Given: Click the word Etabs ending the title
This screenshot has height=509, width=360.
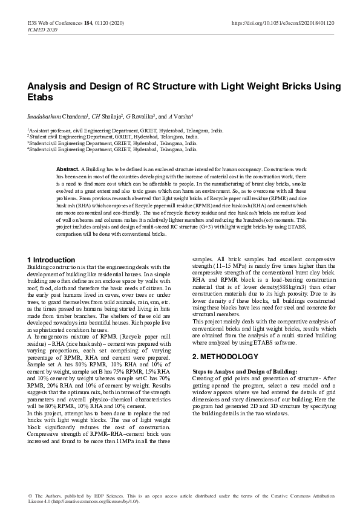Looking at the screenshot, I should pyautogui.click(x=40, y=97).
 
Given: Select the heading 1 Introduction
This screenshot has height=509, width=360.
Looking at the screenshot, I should pyautogui.click(x=51, y=259).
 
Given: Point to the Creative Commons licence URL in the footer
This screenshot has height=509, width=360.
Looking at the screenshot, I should pyautogui.click(x=94, y=501).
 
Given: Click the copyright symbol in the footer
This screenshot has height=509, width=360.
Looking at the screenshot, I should pyautogui.click(x=30, y=496).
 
